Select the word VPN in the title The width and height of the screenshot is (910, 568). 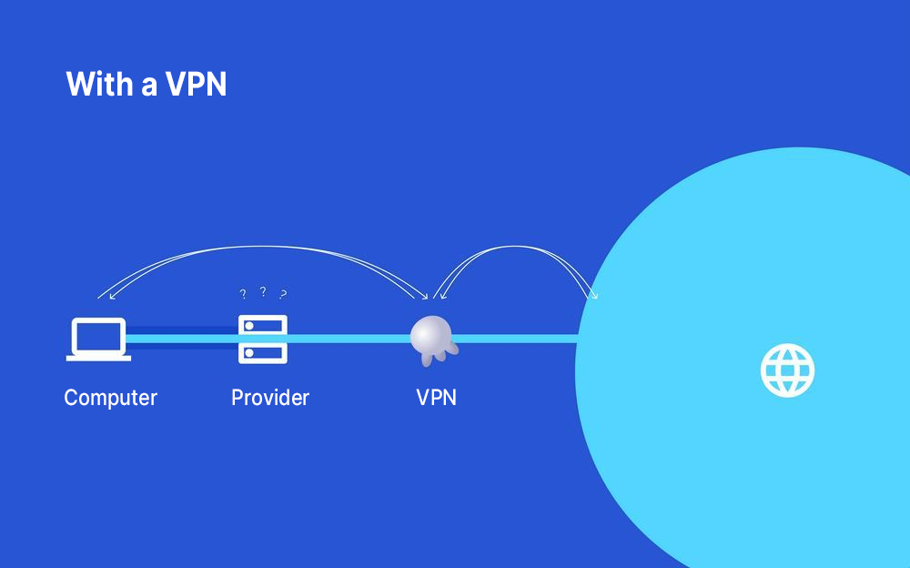click(196, 85)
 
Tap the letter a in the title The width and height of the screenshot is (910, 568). click(148, 86)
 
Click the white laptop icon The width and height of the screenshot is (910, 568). click(98, 340)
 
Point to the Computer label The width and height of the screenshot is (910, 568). click(110, 398)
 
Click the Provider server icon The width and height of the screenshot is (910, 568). click(263, 340)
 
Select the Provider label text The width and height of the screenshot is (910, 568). click(270, 398)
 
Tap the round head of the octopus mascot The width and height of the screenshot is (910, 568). click(427, 334)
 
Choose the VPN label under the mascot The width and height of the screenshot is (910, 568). click(436, 398)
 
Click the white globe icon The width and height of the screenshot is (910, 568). click(788, 370)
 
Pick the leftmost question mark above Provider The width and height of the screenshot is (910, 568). click(243, 294)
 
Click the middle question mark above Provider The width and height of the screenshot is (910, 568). click(263, 291)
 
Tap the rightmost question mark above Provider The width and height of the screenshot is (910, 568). click(283, 294)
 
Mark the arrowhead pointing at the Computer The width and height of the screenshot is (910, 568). click(100, 297)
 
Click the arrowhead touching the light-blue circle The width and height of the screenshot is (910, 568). click(596, 296)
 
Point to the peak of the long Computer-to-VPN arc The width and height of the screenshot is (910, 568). click(264, 247)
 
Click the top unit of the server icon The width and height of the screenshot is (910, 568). click(263, 327)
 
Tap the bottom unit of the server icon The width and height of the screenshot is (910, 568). click(263, 351)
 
